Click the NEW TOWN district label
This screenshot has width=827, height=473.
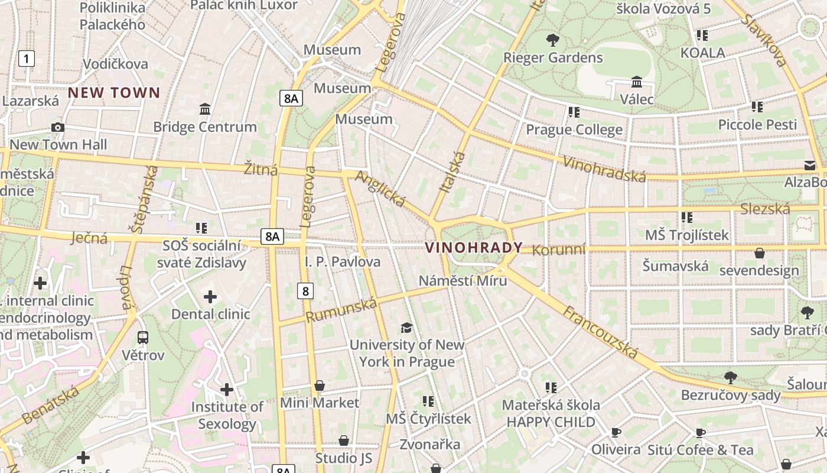114,92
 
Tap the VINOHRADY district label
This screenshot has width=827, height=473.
474,248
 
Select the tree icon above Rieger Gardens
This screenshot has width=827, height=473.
553,40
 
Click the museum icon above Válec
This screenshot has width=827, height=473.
637,82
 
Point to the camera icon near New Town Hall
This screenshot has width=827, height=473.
58,127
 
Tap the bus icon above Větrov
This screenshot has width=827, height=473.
143,338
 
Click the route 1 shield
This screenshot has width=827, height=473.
27,58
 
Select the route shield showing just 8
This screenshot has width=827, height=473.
305,290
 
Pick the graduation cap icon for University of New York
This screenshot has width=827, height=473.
406,328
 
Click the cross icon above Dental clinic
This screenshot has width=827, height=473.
210,297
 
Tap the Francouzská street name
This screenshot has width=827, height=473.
600,332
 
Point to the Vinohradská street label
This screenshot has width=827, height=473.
604,169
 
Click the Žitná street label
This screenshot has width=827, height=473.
261,170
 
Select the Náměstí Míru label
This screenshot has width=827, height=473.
463,280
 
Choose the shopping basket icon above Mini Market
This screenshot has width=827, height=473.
320,386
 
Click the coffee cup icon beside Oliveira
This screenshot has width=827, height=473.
616,433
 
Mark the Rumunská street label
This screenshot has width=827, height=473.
341,310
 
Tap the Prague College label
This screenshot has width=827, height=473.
574,129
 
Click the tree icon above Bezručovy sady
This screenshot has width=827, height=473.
731,377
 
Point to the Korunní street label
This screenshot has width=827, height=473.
559,250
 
